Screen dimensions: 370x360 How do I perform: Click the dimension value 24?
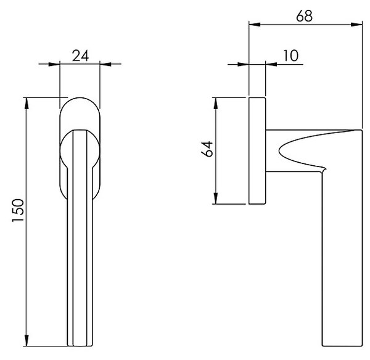[80, 56]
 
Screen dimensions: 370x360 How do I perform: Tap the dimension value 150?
[18, 210]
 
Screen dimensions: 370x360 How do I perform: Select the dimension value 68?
[305, 16]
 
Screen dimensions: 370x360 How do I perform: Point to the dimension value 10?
[290, 55]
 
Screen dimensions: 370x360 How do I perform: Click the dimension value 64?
[207, 149]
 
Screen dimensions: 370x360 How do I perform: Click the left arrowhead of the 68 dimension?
[255, 24]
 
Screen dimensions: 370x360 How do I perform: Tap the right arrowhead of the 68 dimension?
[356, 24]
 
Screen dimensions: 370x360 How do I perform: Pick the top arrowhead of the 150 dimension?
[27, 104]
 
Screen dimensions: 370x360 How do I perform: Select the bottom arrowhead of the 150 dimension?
[27, 340]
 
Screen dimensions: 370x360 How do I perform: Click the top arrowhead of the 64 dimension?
[215, 104]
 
